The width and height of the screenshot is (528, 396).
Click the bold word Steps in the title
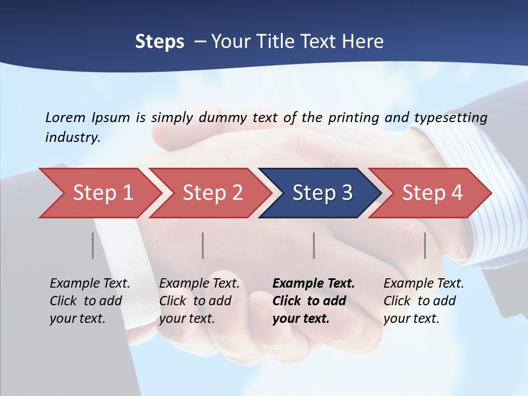(159, 41)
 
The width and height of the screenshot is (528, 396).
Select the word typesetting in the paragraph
(451, 117)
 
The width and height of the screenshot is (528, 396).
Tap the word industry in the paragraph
(72, 137)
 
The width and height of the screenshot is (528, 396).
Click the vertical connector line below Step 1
(93, 245)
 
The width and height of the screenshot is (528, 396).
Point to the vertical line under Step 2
(203, 245)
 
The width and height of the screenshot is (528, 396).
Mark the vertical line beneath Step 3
(314, 245)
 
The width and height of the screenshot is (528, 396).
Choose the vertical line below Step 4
(425, 245)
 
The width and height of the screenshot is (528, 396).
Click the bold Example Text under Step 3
(313, 284)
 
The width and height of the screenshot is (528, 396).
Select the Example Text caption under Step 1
(90, 284)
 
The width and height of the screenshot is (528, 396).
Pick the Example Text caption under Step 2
(199, 284)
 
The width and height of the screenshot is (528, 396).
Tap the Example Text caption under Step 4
(424, 284)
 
